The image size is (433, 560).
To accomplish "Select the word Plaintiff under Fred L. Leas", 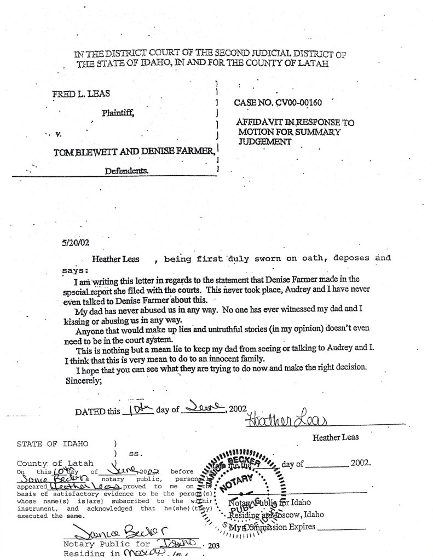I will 118,113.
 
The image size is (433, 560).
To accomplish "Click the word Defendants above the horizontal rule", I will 128,171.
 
